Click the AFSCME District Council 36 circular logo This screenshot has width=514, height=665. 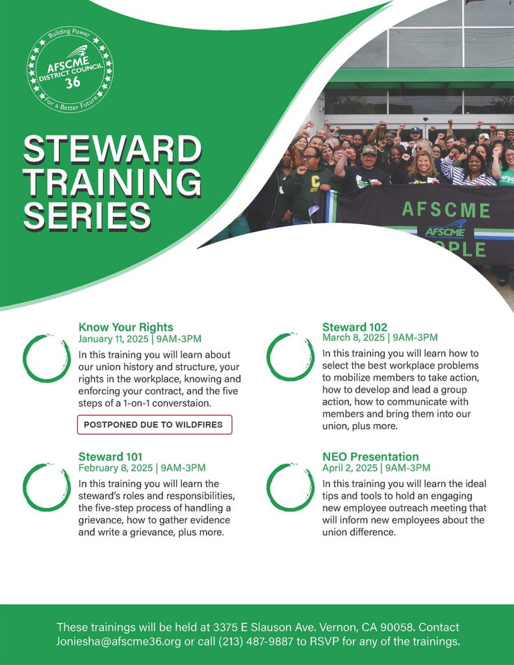pos(70,70)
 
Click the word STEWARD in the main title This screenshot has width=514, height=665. pos(112,151)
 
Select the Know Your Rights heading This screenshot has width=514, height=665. pos(125,327)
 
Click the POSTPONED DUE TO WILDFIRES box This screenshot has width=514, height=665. pos(154,425)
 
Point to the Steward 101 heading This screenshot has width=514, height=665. pos(110,457)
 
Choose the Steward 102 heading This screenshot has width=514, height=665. pos(354,327)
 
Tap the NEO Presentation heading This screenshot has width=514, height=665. pos(370,457)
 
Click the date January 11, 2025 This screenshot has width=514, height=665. pos(114,339)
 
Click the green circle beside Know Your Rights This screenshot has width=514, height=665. pos(47,358)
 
